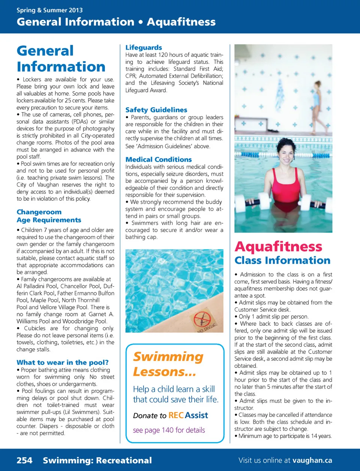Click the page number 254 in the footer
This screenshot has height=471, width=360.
pyautogui.click(x=24, y=460)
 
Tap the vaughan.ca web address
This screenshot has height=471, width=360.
pyautogui.click(x=312, y=460)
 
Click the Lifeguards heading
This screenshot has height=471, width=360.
pyautogui.click(x=144, y=48)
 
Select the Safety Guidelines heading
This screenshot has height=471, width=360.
pyautogui.click(x=156, y=110)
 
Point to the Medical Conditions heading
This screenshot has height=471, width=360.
pyautogui.click(x=158, y=160)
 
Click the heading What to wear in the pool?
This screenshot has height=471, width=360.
pyautogui.click(x=62, y=363)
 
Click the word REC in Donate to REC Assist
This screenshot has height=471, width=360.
pyautogui.click(x=176, y=415)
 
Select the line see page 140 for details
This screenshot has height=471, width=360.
pyautogui.click(x=169, y=430)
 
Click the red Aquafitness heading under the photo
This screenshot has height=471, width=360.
pyautogui.click(x=278, y=247)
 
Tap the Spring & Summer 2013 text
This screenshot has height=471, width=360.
pyautogui.click(x=49, y=10)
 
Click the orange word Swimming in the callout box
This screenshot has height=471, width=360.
pyautogui.click(x=168, y=357)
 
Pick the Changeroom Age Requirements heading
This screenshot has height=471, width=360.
pyautogui.click(x=49, y=216)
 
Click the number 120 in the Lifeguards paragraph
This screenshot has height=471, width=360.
pyautogui.click(x=163, y=55)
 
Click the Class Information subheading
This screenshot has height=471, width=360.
pyautogui.click(x=282, y=260)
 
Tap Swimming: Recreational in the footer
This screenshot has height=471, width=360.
pyautogui.click(x=97, y=460)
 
